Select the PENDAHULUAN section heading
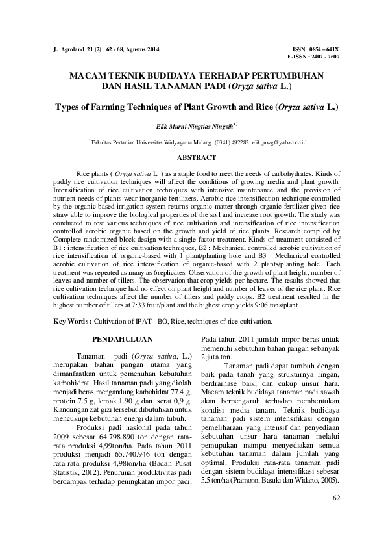pyautogui.click(x=122, y=339)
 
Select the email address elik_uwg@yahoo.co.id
pyautogui.click(x=279, y=142)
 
